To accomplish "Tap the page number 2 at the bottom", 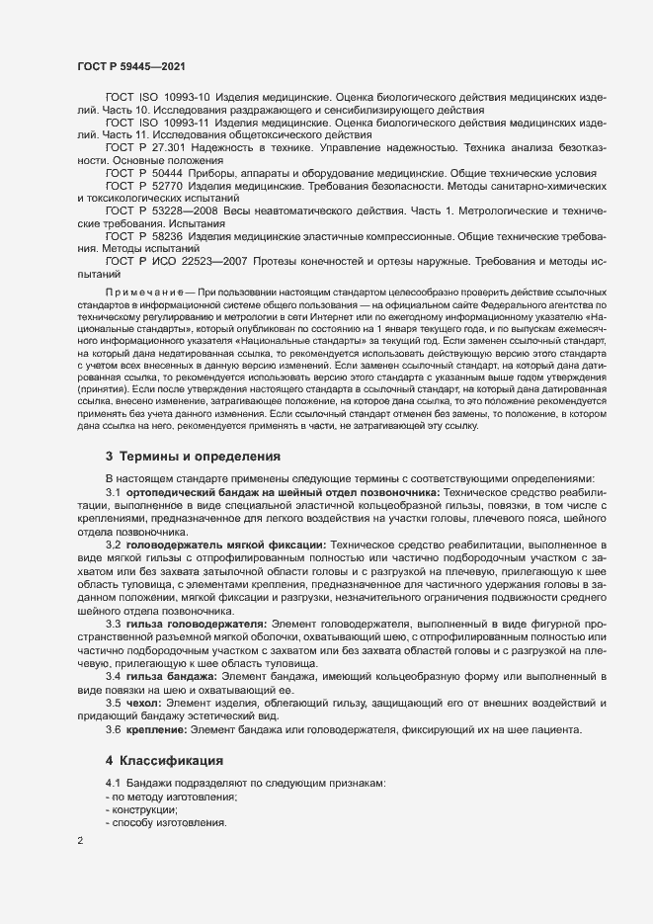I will point(80,841).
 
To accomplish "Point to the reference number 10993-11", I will point(186,123).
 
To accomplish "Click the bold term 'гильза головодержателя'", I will point(196,625).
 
